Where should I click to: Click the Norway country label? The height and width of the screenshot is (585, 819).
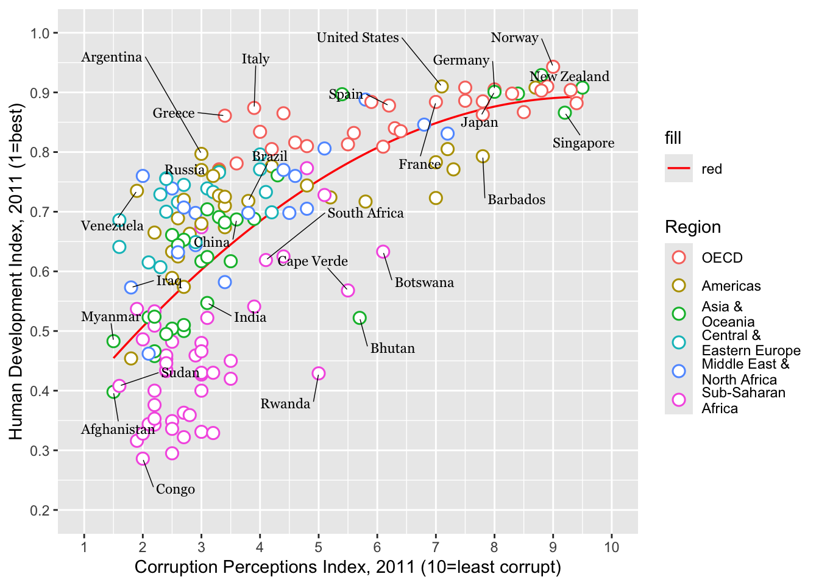[x=514, y=38]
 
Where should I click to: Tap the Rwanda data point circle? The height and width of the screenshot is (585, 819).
[x=318, y=373]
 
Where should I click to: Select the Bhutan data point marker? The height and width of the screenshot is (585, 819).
[x=360, y=318]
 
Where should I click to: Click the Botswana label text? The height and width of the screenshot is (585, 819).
[x=424, y=283]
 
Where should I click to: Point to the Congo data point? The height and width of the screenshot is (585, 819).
[x=143, y=458]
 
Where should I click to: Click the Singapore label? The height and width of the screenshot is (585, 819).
[x=583, y=143]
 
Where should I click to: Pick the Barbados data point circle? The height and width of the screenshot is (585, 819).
[x=483, y=157]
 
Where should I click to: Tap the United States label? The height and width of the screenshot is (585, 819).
[x=358, y=38]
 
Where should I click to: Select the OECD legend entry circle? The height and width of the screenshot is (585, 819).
[x=678, y=257]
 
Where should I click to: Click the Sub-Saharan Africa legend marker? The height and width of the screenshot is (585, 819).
[x=678, y=400]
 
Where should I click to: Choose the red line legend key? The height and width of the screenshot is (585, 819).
[x=678, y=169]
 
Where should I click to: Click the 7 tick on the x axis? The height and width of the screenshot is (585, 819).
[x=436, y=547]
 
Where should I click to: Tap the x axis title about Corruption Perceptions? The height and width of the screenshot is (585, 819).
[x=347, y=567]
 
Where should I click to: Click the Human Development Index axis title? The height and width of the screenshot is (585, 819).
[x=16, y=271]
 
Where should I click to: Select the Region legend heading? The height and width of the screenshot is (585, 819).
[x=693, y=227]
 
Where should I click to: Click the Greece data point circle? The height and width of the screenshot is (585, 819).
[x=224, y=115]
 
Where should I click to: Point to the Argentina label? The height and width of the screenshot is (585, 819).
[x=112, y=57]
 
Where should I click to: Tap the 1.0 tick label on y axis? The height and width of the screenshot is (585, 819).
[x=40, y=33]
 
